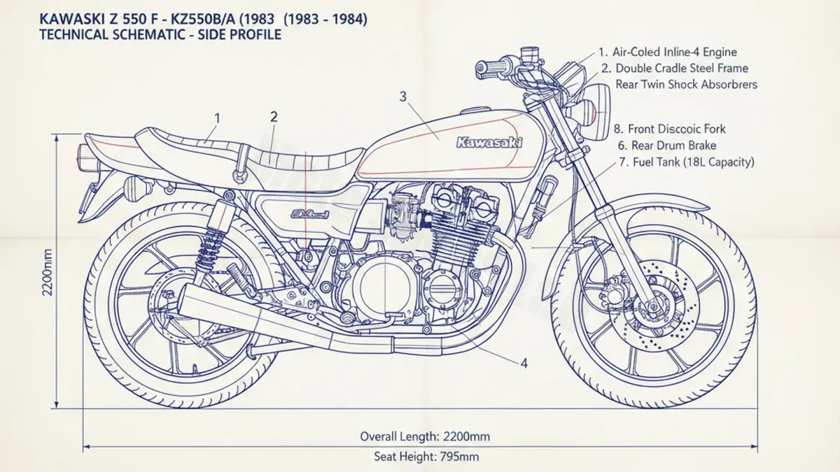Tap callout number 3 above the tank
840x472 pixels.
pyautogui.click(x=402, y=96)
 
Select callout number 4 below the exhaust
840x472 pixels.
pyautogui.click(x=524, y=363)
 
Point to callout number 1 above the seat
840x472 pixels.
pyautogui.click(x=217, y=118)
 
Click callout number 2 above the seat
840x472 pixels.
pyautogui.click(x=274, y=117)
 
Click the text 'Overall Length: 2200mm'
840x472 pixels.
pyautogui.click(x=425, y=436)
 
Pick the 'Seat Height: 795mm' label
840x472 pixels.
pyautogui.click(x=426, y=457)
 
